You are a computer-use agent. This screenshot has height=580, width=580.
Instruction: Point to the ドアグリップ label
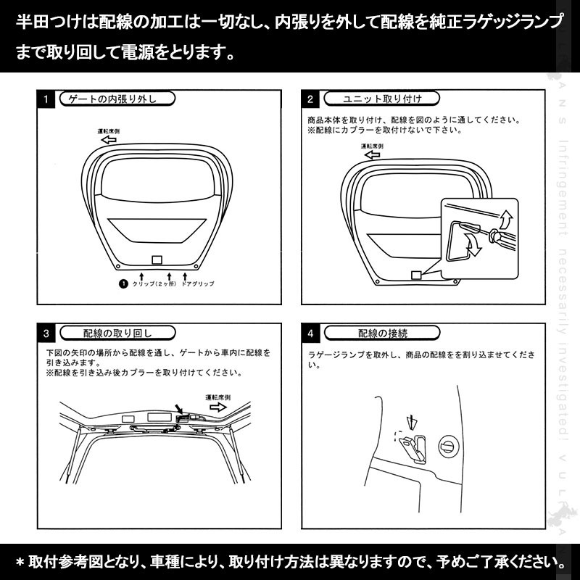pos(198,285)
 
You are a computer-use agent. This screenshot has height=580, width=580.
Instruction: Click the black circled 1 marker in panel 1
pos(123,285)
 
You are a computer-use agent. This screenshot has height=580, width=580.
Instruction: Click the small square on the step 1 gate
pos(157,260)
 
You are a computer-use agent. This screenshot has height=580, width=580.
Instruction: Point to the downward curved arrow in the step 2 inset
pos(475,248)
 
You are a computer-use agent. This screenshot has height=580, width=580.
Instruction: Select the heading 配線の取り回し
pos(117,334)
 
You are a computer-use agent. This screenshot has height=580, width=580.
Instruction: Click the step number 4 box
pos(310,334)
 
